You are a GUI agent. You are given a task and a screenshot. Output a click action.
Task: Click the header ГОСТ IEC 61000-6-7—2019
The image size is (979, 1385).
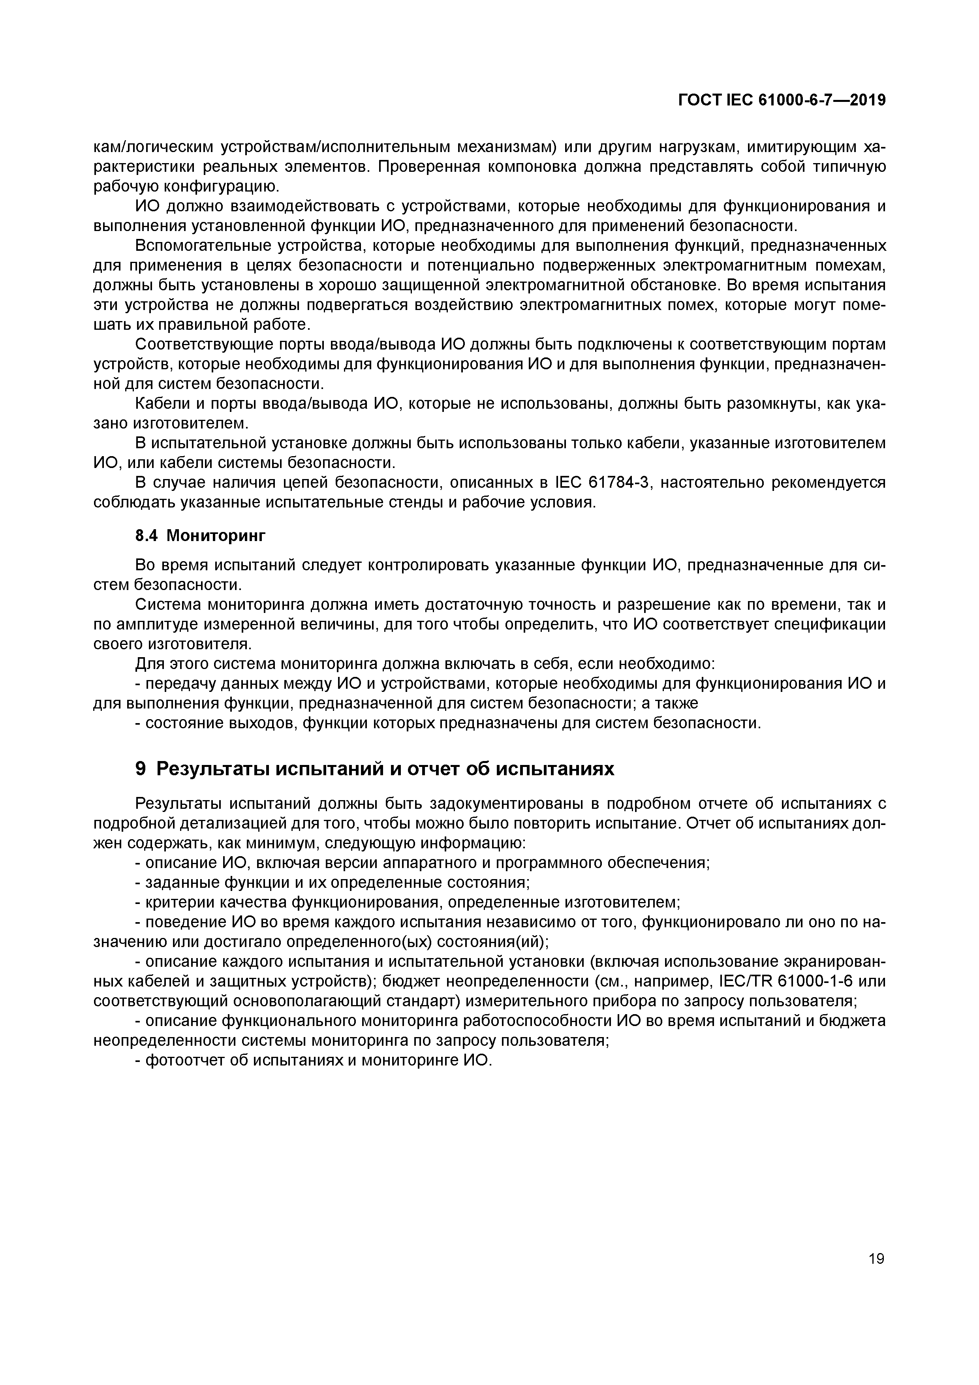coord(782,101)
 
